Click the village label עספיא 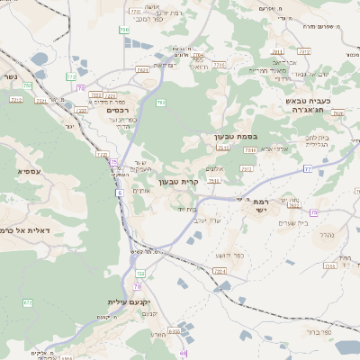pos(30,170)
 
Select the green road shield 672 pos(28,302)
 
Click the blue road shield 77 pos(308,168)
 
